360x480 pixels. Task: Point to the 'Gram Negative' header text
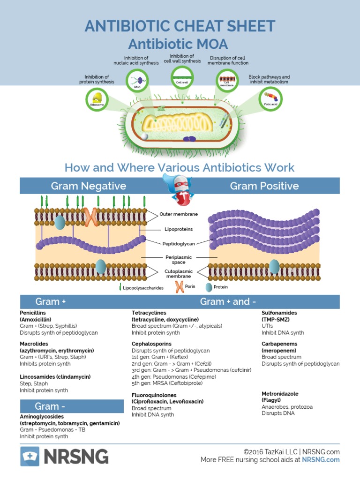point(89,186)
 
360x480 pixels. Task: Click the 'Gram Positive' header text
point(264,186)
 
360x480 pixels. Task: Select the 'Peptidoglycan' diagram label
point(179,244)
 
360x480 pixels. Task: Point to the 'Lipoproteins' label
point(179,229)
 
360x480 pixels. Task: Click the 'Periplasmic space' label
point(179,260)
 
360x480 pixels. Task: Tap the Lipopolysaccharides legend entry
point(141,288)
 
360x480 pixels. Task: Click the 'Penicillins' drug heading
point(33,313)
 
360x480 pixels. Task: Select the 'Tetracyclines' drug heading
point(149,313)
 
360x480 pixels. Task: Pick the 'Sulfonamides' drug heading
point(279,313)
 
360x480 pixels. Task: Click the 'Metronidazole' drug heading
point(280,394)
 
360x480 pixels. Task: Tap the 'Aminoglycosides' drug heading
point(42,416)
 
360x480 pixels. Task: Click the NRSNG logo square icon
point(30,456)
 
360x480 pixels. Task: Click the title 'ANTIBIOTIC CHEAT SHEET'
point(180,26)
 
